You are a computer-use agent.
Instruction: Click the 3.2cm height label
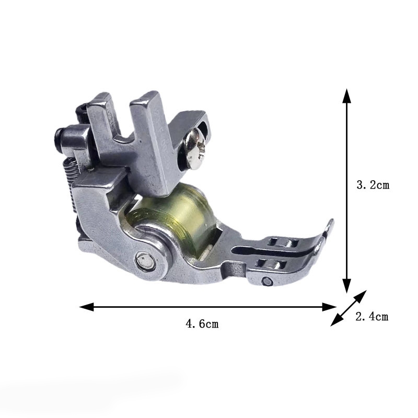[x=373, y=185]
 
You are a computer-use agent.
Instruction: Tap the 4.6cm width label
[x=202, y=324]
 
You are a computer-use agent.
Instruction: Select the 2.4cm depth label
[x=372, y=317]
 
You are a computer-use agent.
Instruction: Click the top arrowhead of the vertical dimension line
[x=346, y=96]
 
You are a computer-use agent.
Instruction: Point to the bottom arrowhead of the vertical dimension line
[x=346, y=286]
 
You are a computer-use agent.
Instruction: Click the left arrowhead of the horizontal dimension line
[x=86, y=307]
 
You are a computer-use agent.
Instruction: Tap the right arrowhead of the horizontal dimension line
[x=329, y=307]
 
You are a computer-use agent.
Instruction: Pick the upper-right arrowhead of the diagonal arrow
[x=361, y=296]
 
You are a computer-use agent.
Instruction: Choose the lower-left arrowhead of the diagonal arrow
[x=336, y=320]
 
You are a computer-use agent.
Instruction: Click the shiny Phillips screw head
[x=196, y=149]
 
